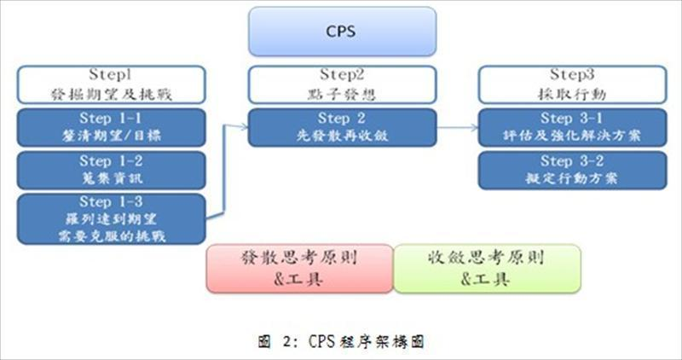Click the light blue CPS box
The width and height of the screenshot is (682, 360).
(x=340, y=32)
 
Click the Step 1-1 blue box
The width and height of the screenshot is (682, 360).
(x=111, y=127)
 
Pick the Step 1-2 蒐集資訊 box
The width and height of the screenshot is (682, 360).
(x=111, y=169)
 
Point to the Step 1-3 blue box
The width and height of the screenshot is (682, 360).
(x=111, y=218)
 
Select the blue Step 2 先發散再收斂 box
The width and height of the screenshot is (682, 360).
(x=341, y=127)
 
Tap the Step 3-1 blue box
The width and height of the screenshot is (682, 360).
(x=570, y=127)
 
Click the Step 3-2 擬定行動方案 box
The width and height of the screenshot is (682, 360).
(x=570, y=169)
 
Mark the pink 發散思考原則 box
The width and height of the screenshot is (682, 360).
(x=299, y=268)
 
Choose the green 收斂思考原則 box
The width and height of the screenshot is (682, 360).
(x=486, y=268)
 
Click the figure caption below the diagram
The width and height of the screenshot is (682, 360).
(x=340, y=341)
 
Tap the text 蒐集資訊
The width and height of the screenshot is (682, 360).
(x=112, y=177)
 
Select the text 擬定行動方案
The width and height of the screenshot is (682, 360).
(x=570, y=177)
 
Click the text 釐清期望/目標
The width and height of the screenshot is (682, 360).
(x=112, y=136)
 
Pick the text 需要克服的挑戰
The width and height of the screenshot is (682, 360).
(x=112, y=233)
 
